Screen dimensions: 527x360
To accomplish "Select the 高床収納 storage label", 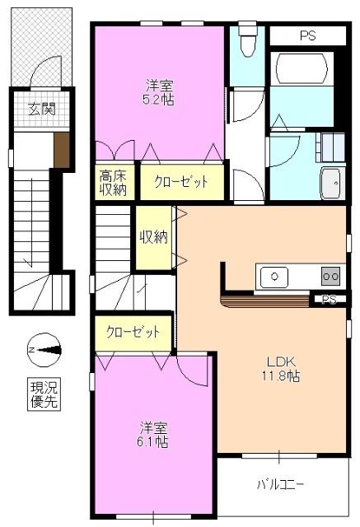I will point(114,183).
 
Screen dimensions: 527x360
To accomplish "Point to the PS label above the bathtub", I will point(308,36).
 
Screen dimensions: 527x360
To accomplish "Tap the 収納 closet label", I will point(153,237).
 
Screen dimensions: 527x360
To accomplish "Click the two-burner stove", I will point(330,276).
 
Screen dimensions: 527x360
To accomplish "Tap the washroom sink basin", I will point(332,182).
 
